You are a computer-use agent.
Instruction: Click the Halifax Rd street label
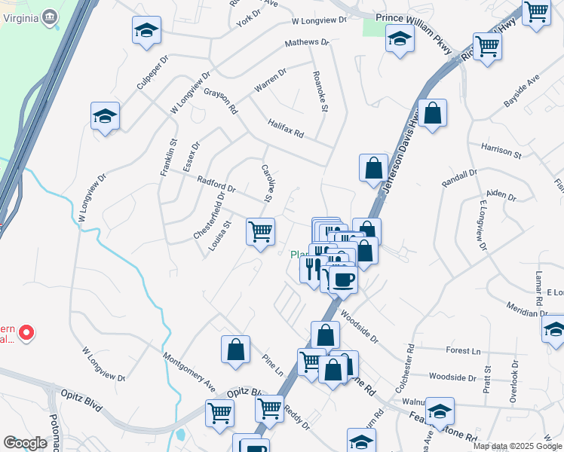pyautogui.click(x=285, y=129)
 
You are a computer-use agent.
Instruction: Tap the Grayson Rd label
pyautogui.click(x=220, y=101)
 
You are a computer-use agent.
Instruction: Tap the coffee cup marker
pyautogui.click(x=343, y=279)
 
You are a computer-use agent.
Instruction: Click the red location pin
pyautogui.click(x=25, y=331)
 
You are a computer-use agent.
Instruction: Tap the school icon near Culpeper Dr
pyautogui.click(x=146, y=31)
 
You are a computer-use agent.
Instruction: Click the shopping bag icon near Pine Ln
pyautogui.click(x=235, y=349)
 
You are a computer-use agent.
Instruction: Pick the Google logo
pyautogui.click(x=25, y=442)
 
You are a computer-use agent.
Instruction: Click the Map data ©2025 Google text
pyautogui.click(x=516, y=446)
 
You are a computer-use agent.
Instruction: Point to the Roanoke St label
pyautogui.click(x=320, y=93)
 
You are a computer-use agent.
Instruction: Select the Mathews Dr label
pyautogui.click(x=307, y=43)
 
